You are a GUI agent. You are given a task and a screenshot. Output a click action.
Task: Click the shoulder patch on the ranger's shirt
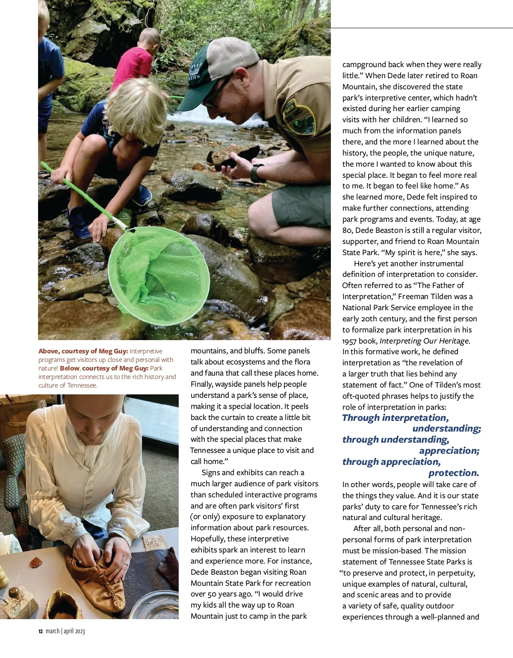click(298, 117)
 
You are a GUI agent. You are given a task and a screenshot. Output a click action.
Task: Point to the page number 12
click(41, 632)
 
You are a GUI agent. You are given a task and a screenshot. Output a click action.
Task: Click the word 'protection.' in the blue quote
click(454, 473)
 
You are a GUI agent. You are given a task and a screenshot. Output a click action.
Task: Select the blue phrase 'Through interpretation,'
click(395, 418)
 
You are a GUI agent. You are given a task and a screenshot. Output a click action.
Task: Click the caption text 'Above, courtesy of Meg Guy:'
click(83, 351)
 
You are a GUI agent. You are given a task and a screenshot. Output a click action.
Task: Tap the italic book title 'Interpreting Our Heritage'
click(424, 341)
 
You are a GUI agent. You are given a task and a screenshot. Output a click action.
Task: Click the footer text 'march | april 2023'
click(65, 632)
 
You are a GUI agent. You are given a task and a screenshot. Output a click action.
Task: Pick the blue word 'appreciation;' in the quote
click(449, 451)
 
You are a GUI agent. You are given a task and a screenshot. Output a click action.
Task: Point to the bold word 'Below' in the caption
click(70, 368)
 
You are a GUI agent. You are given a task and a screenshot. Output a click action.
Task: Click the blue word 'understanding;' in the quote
click(447, 429)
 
